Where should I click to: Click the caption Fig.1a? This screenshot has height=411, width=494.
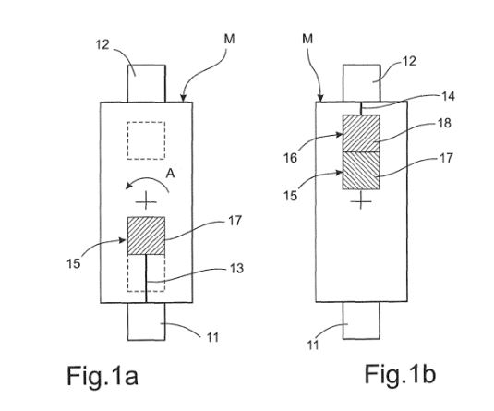(102, 375)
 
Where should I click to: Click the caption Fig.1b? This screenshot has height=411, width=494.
(400, 373)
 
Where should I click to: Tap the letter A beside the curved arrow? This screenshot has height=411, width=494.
(171, 174)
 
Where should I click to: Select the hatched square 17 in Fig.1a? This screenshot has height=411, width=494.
(146, 236)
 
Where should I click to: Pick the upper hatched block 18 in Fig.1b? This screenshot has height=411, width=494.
(361, 134)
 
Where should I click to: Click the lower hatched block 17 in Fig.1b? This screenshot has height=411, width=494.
(361, 171)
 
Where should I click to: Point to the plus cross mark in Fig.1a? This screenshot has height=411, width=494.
(146, 201)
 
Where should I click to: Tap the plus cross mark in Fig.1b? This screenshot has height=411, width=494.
(361, 201)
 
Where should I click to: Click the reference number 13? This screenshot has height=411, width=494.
(236, 268)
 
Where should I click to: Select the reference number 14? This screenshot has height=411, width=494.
(448, 96)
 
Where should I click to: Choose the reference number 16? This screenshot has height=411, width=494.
(291, 158)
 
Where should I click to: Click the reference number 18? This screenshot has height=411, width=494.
(444, 123)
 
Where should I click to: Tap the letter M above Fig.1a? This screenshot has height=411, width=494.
(229, 40)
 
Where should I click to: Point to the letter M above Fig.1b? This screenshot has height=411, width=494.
(307, 39)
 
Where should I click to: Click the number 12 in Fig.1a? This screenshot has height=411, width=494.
(102, 45)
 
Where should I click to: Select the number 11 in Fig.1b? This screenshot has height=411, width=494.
(313, 345)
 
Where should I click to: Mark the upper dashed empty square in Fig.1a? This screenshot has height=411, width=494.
(146, 140)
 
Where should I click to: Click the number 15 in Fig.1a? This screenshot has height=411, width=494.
(74, 264)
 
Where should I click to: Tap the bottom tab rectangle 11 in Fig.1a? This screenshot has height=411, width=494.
(146, 321)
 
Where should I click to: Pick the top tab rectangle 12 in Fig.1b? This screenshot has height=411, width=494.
(361, 83)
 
